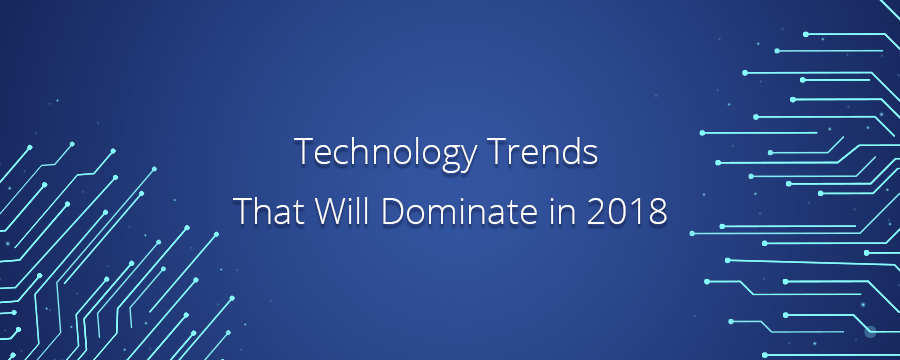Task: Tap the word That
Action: pyautogui.click(x=263, y=212)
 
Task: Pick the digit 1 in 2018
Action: pyautogui.click(x=642, y=212)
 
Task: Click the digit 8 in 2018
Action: pyautogui.click(x=659, y=212)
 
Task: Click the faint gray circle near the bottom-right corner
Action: pyautogui.click(x=869, y=331)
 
